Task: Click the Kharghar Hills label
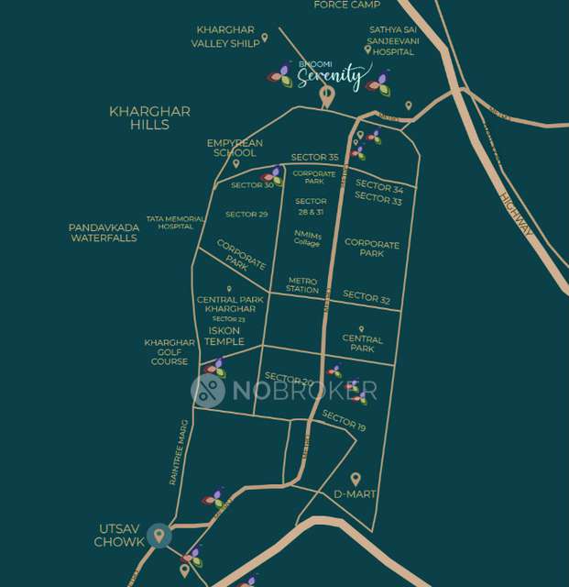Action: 149,117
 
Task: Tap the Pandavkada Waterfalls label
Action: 104,232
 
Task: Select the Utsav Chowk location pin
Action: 159,536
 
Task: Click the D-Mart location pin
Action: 356,478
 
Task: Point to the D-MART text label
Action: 355,495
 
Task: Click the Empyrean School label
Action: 235,148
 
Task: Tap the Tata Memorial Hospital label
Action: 175,222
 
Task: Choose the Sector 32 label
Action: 367,297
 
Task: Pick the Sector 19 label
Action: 344,422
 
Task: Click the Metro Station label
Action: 302,285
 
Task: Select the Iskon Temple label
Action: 224,336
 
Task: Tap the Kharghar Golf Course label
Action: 170,352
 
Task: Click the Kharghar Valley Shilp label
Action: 224,37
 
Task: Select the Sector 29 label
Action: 246,215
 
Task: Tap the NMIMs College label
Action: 307,238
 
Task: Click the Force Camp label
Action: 346,5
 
